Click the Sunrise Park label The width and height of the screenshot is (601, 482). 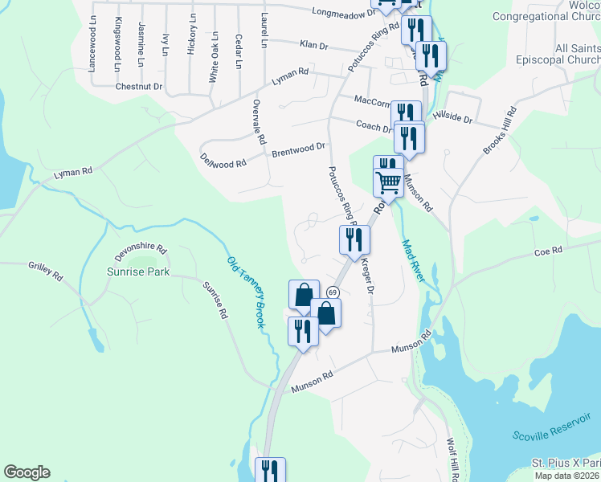click(x=138, y=272)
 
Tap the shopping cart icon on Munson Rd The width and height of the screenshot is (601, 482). click(x=389, y=182)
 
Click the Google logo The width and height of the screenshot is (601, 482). click(x=27, y=472)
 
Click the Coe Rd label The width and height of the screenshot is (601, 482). click(x=547, y=251)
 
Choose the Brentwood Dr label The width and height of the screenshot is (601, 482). click(x=298, y=149)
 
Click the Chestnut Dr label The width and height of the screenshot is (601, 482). click(x=138, y=86)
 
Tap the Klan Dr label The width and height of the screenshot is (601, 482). click(x=315, y=45)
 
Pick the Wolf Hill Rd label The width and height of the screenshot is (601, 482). click(x=452, y=459)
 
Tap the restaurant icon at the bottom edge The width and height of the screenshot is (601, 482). click(x=269, y=471)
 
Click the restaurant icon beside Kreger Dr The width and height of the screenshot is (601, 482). click(x=354, y=239)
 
